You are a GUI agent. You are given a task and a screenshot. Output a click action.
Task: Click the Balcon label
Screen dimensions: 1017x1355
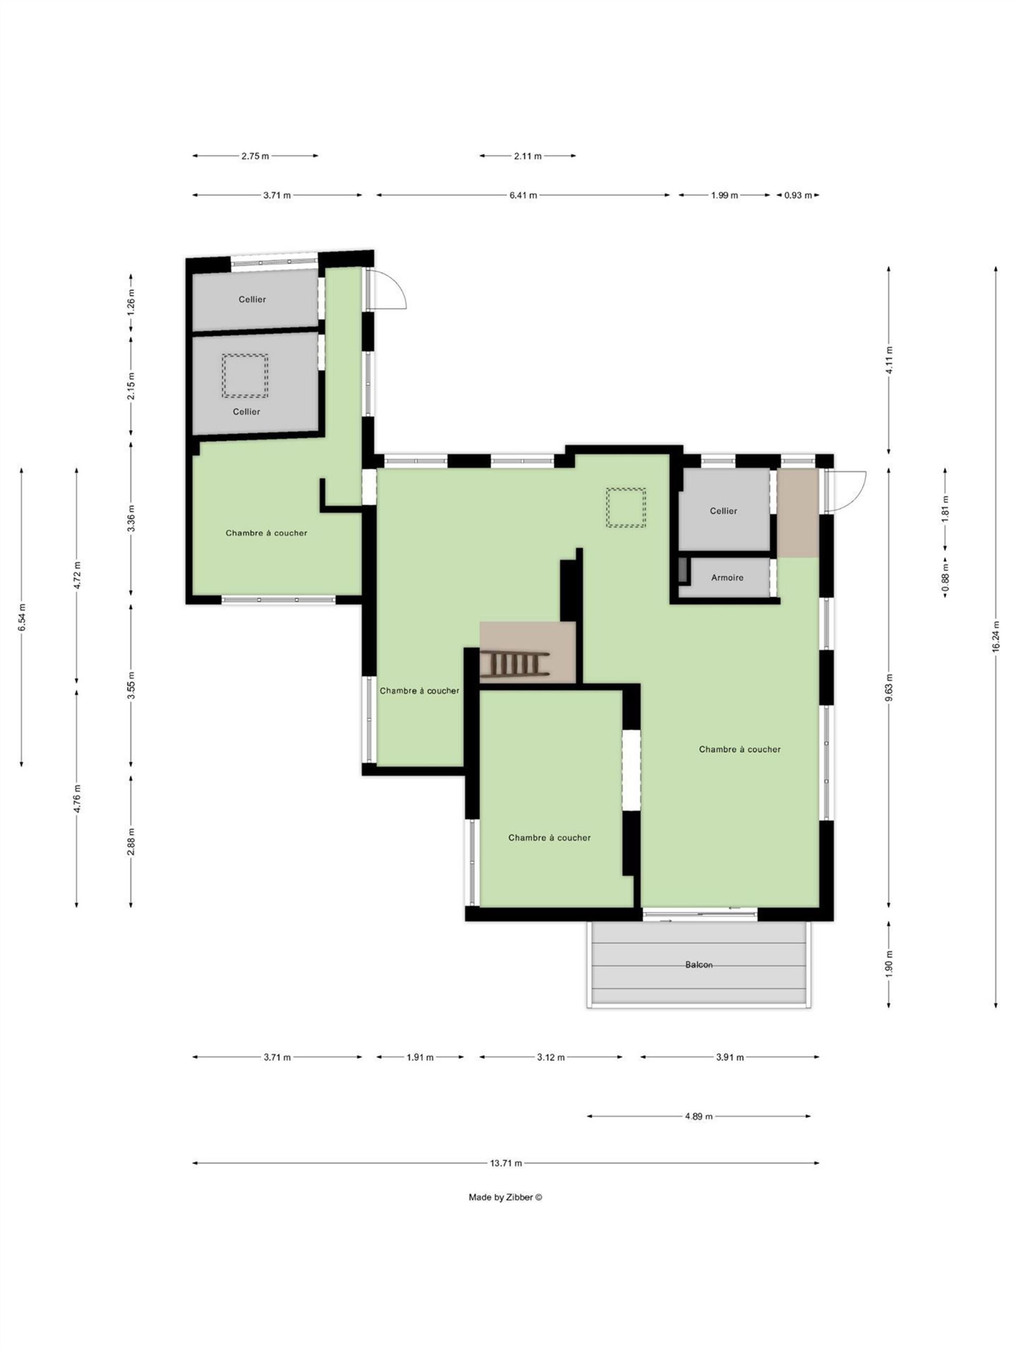click(698, 965)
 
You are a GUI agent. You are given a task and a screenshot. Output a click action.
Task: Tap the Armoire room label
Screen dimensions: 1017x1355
click(727, 577)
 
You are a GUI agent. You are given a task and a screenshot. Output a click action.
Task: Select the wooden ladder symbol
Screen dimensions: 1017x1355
click(514, 664)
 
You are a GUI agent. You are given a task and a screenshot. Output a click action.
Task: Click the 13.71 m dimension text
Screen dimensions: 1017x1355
click(506, 1163)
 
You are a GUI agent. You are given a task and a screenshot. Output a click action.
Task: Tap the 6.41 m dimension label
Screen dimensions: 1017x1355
click(523, 195)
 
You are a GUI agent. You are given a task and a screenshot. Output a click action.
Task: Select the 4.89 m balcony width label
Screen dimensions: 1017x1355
click(699, 1116)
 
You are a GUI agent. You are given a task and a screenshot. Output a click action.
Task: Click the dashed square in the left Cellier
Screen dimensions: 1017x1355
click(245, 375)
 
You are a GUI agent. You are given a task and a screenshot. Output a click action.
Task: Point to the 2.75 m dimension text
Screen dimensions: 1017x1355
click(255, 156)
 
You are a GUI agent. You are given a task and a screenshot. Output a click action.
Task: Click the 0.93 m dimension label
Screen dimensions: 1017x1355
click(798, 195)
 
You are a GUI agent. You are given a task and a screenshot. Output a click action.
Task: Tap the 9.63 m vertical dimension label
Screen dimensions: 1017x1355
click(889, 688)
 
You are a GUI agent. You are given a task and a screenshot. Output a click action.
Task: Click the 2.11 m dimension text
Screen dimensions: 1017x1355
click(528, 156)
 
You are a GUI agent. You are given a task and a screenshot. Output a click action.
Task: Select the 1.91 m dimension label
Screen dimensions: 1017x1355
click(420, 1058)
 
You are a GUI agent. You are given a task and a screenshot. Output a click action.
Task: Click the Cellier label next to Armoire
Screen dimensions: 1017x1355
click(724, 511)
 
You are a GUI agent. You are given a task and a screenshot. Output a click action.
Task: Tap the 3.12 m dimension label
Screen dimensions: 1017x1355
click(550, 1058)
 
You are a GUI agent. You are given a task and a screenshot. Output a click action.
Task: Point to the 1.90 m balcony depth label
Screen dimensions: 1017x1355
click(889, 963)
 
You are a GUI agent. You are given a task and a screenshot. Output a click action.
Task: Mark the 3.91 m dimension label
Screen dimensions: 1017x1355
click(729, 1058)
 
